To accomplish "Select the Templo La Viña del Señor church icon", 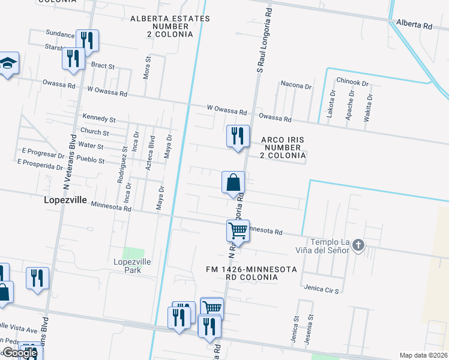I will pyautogui.click(x=358, y=245).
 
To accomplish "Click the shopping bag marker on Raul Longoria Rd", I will pyautogui.click(x=234, y=182).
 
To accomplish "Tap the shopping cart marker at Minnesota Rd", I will pyautogui.click(x=238, y=231).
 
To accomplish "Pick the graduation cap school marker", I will pyautogui.click(x=8, y=64).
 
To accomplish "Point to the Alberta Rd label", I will pyautogui.click(x=414, y=26).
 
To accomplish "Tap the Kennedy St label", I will pyautogui.click(x=99, y=119).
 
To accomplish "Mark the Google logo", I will pyautogui.click(x=20, y=353).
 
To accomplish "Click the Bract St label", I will pyautogui.click(x=102, y=65).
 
